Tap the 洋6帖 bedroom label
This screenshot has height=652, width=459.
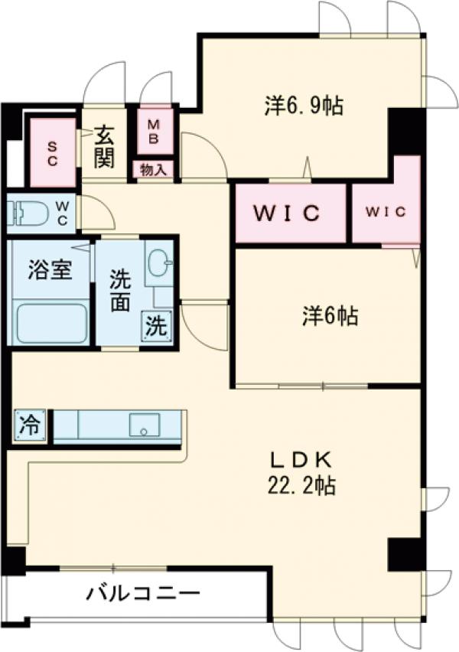(x=328, y=315)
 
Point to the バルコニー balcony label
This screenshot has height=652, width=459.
(x=143, y=593)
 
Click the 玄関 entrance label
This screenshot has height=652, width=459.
(x=105, y=147)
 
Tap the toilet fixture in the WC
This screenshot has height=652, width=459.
(x=23, y=213)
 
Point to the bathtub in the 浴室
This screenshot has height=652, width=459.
(x=51, y=323)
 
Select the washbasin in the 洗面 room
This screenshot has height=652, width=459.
(x=158, y=266)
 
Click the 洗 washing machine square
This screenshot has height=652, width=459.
(x=155, y=328)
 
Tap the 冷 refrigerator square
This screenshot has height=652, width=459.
(x=29, y=425)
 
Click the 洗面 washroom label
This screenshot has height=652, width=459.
(x=119, y=291)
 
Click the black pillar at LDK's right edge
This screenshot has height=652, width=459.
(x=405, y=553)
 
